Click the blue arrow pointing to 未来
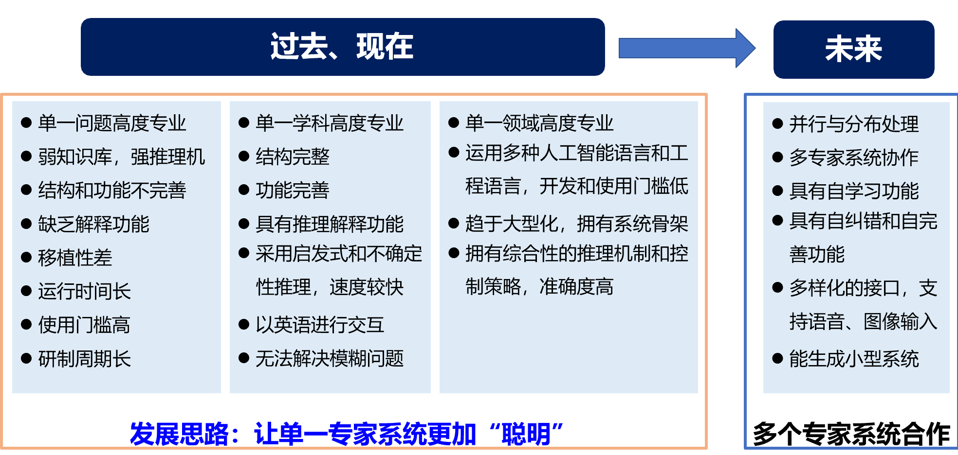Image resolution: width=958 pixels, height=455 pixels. click(686, 48)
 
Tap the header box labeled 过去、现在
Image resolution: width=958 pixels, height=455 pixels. click(343, 47)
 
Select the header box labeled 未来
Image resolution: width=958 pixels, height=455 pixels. click(854, 49)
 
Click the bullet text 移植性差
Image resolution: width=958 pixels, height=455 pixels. click(75, 258)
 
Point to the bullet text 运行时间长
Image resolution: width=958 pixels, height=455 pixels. click(84, 291)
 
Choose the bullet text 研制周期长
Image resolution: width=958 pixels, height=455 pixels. click(84, 359)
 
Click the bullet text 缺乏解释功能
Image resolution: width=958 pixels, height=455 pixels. click(93, 224)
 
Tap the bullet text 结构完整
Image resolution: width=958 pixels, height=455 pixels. click(293, 157)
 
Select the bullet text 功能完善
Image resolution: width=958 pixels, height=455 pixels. click(293, 190)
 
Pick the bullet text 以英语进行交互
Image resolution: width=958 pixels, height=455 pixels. click(320, 325)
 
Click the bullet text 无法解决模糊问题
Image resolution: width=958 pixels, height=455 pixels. click(330, 358)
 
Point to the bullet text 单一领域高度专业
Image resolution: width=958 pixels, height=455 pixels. click(539, 123)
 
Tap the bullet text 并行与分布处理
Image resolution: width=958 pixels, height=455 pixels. click(854, 124)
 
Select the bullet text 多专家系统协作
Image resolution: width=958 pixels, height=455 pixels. click(854, 157)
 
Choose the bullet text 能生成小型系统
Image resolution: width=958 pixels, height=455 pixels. click(854, 359)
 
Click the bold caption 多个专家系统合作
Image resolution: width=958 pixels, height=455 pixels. click(851, 434)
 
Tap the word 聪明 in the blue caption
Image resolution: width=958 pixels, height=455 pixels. click(526, 434)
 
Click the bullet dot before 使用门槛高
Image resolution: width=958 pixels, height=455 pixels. click(26, 324)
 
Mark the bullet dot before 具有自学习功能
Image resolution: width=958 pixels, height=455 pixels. click(777, 191)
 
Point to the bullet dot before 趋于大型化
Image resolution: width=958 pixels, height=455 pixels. click(454, 224)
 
